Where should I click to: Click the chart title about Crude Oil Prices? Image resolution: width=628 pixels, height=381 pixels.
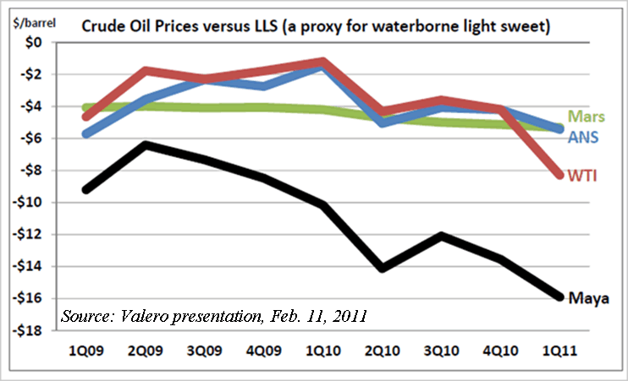(316, 27)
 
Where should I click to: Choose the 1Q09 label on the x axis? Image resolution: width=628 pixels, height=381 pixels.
(85, 347)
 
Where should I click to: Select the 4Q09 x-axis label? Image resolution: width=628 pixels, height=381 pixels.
(265, 347)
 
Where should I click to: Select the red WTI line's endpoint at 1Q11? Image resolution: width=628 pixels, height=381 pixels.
(558, 176)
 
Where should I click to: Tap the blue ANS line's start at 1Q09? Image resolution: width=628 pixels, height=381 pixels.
(85, 133)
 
